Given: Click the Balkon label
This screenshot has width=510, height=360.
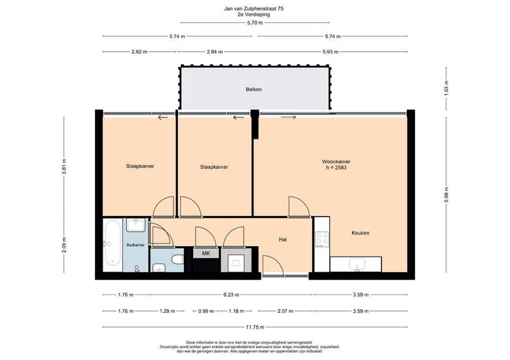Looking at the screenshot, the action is point(254,90).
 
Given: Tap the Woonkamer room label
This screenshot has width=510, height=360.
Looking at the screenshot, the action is point(336,162).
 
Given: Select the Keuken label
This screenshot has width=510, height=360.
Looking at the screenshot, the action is point(360,233).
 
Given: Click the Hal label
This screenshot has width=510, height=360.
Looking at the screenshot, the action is point(283,240).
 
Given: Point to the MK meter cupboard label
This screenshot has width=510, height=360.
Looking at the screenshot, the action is point(206,253).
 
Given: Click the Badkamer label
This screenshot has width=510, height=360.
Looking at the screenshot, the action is point(136,245).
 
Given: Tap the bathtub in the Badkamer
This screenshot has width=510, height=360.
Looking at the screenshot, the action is point(113,245).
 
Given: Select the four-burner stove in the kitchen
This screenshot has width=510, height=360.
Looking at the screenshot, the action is point(322,239).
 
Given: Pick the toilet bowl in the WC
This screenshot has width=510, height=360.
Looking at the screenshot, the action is point(177,259).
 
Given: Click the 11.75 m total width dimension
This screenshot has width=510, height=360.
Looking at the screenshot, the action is point(255,327).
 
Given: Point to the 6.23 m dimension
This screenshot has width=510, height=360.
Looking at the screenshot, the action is point(231,295).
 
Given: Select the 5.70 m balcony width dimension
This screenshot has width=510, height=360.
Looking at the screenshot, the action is point(255,23).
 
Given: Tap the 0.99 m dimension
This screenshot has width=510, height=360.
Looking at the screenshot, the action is point(206,311).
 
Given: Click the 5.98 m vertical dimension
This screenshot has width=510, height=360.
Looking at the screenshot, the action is point(446,195).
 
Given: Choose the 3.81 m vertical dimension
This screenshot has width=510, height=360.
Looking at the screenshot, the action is point(64,167).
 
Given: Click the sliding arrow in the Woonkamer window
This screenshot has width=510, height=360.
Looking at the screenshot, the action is point(289,117).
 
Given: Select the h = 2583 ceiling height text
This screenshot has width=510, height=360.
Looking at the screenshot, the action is point(336,168).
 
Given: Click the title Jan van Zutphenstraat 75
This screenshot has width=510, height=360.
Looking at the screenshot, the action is point(254,9).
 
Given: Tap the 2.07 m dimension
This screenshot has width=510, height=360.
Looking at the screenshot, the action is point(286,311).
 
